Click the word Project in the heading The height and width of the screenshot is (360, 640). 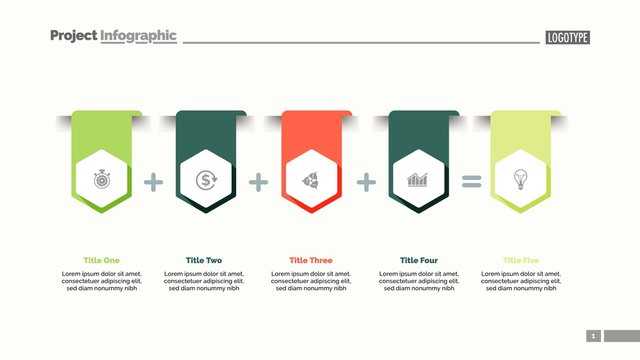click(x=73, y=36)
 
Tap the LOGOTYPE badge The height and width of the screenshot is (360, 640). click(x=568, y=37)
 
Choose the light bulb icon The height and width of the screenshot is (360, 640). click(x=520, y=180)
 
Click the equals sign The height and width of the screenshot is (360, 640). click(x=471, y=182)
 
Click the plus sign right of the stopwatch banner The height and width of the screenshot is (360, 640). click(x=153, y=182)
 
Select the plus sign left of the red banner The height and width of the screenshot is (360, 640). click(x=259, y=182)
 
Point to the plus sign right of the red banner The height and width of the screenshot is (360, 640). click(x=367, y=182)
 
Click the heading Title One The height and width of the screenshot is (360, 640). click(x=102, y=260)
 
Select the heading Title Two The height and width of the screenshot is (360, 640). click(x=204, y=260)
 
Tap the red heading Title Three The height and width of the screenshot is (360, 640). click(x=311, y=260)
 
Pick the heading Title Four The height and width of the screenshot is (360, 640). click(x=419, y=260)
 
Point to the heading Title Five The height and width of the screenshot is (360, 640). click(x=521, y=260)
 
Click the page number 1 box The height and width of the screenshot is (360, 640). click(x=593, y=336)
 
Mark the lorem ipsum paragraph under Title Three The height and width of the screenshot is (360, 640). click(x=311, y=281)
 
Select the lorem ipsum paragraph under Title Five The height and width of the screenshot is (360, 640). click(x=521, y=281)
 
